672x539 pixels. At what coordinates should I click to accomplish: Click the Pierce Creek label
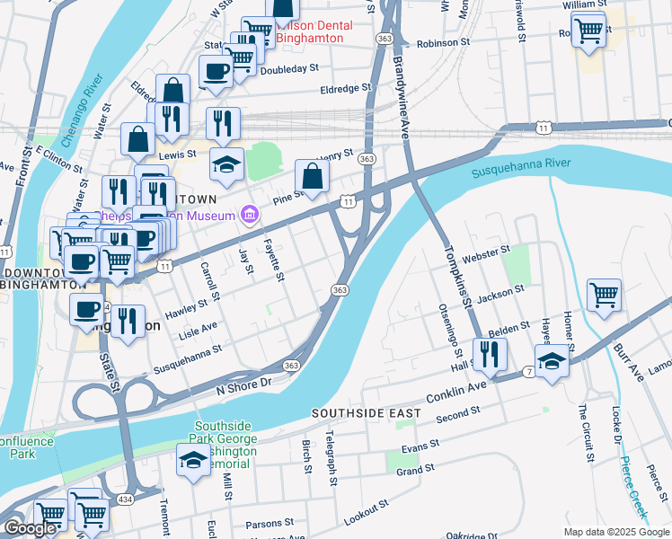(x=632, y=485)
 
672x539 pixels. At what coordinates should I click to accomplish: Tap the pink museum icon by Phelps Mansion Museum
(x=248, y=214)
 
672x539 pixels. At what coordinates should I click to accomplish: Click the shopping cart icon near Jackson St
(x=604, y=294)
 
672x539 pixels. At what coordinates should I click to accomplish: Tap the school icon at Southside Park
(x=192, y=460)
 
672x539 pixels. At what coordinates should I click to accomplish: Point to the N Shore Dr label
(x=243, y=384)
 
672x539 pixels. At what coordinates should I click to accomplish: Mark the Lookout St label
(x=365, y=511)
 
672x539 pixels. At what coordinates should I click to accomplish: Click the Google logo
(x=30, y=527)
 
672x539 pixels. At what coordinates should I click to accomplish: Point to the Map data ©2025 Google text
(x=616, y=532)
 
